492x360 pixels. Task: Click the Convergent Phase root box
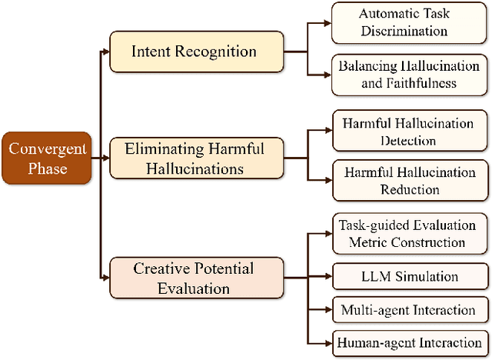(47, 158)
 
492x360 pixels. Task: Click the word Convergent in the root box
(47, 148)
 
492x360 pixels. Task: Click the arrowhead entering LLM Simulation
(328, 275)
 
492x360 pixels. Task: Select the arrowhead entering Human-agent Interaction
(328, 342)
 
